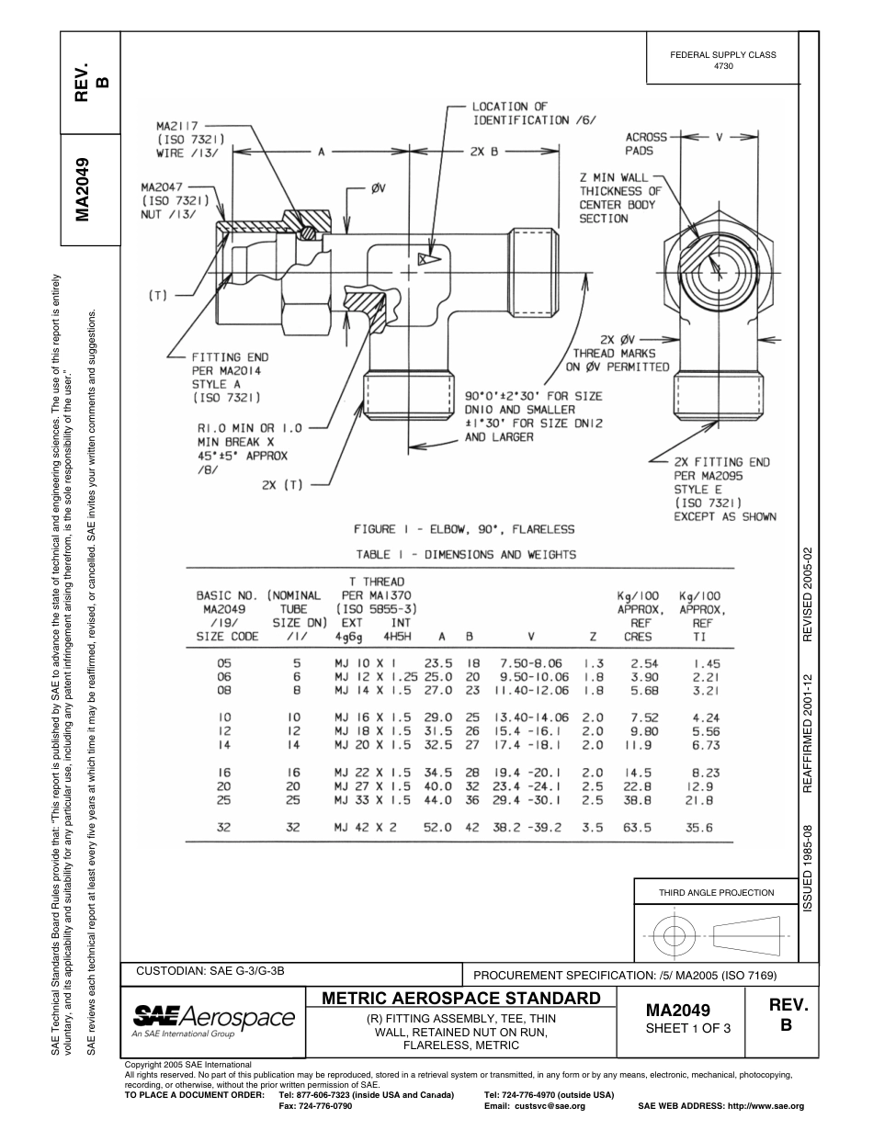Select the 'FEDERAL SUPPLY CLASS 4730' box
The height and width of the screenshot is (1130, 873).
click(723, 61)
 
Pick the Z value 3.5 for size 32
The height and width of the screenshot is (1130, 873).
click(593, 828)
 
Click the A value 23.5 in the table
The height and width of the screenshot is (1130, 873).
click(437, 662)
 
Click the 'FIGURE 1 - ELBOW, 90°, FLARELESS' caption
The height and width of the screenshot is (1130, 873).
click(464, 529)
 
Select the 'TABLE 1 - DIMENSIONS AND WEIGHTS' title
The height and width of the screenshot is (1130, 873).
click(466, 554)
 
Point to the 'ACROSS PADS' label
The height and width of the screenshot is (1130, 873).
click(646, 142)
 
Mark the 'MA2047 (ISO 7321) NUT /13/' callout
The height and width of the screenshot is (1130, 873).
click(173, 199)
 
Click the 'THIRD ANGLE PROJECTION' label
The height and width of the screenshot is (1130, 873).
click(716, 892)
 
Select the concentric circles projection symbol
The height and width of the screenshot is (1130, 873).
click(675, 936)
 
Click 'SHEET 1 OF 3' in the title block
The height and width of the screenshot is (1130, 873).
click(687, 1028)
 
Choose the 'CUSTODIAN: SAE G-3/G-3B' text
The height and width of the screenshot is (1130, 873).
click(210, 970)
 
